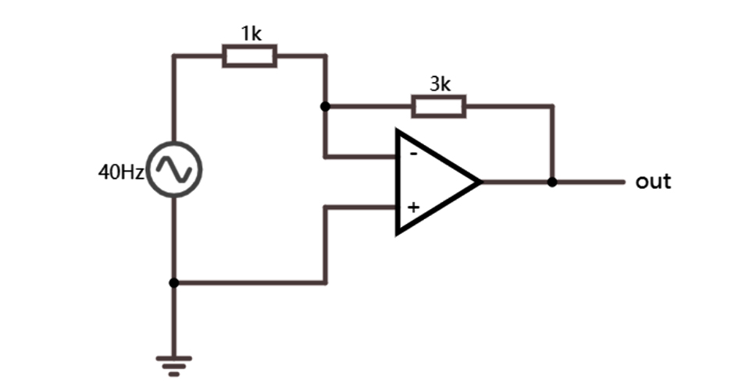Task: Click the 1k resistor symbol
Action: pyautogui.click(x=249, y=56)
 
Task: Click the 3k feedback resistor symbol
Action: pyautogui.click(x=439, y=106)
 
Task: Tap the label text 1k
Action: pyautogui.click(x=250, y=34)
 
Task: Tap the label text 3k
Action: pyautogui.click(x=440, y=83)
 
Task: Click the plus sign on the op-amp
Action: pyautogui.click(x=413, y=207)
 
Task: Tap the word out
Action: pyautogui.click(x=653, y=182)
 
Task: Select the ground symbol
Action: pyautogui.click(x=174, y=363)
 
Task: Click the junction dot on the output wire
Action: pyautogui.click(x=552, y=182)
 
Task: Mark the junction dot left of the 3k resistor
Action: pyautogui.click(x=325, y=106)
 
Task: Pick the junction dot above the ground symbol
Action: pyautogui.click(x=174, y=282)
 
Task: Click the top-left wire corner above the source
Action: pyautogui.click(x=174, y=56)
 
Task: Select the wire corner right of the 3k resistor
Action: pyautogui.click(x=552, y=106)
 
